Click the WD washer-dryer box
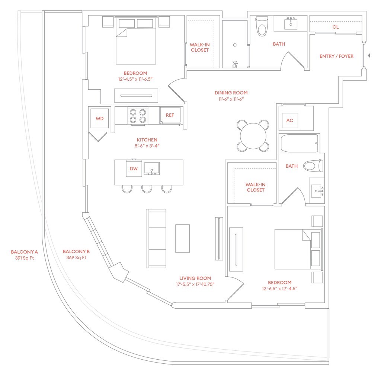pos(99,119)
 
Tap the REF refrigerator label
pos(170,115)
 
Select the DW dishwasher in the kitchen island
pos(134,169)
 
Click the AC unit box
pos(290,120)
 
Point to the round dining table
pos(253,136)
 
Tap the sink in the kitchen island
pos(152,168)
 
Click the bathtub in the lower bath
pos(300,143)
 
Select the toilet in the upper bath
pos(262,26)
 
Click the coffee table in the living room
pos(182,238)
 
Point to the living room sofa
pos(156,238)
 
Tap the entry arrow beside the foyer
pos(369,56)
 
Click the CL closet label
pos(336,27)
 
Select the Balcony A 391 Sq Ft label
pos(25,254)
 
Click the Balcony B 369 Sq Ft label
pos(76,254)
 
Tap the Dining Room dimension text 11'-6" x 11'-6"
pos(231,99)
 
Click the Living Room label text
pos(195,278)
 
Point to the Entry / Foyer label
pos(336,56)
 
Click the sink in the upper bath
pos(290,24)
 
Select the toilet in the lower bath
pos(313,166)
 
